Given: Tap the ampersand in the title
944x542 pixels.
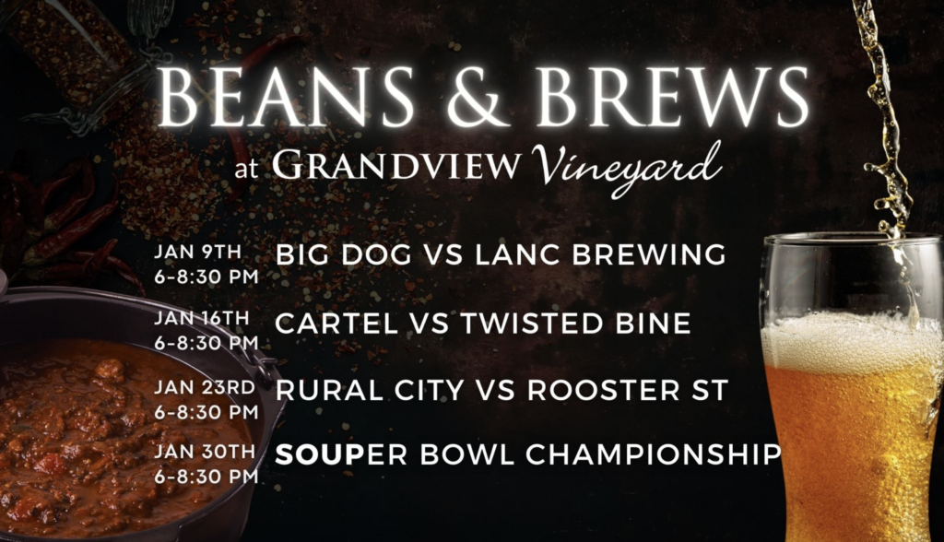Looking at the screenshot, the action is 475,97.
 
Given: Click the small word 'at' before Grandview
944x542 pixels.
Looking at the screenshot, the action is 245,170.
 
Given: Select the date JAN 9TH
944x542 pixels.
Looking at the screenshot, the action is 197,252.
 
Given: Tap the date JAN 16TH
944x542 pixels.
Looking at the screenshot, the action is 202,318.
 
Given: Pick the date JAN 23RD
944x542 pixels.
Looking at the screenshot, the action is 205,387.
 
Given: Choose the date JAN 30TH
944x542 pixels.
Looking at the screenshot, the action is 205,451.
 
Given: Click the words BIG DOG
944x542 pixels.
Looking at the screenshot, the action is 344,254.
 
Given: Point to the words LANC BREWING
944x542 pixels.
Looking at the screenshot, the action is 601,254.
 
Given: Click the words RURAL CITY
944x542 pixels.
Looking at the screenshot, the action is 370,391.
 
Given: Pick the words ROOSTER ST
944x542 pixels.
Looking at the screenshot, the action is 628,391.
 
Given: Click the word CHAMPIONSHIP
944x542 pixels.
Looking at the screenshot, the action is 654,454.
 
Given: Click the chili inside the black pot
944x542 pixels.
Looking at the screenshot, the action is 121,433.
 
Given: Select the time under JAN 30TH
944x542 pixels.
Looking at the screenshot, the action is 206,477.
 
